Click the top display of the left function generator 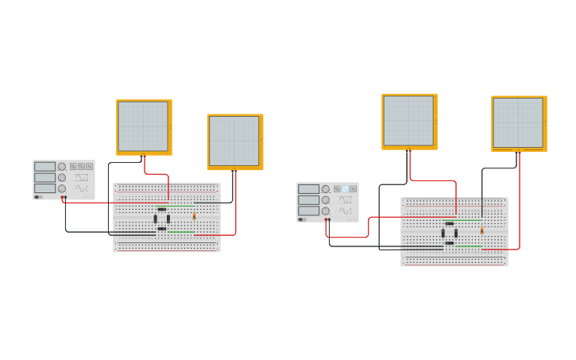44,167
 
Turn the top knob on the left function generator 62,167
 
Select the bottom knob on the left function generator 62,188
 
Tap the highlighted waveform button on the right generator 345,189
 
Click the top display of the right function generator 308,189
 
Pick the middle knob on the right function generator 326,200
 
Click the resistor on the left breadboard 194,215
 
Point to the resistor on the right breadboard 481,230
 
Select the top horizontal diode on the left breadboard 162,209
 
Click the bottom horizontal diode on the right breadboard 450,243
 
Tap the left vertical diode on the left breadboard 156,219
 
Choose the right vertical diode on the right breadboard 456,234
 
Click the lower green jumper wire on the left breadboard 181,232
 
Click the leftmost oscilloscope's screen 143,126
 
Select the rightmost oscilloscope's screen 518,122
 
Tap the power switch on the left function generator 37,197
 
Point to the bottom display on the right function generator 308,211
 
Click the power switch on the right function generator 301,219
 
